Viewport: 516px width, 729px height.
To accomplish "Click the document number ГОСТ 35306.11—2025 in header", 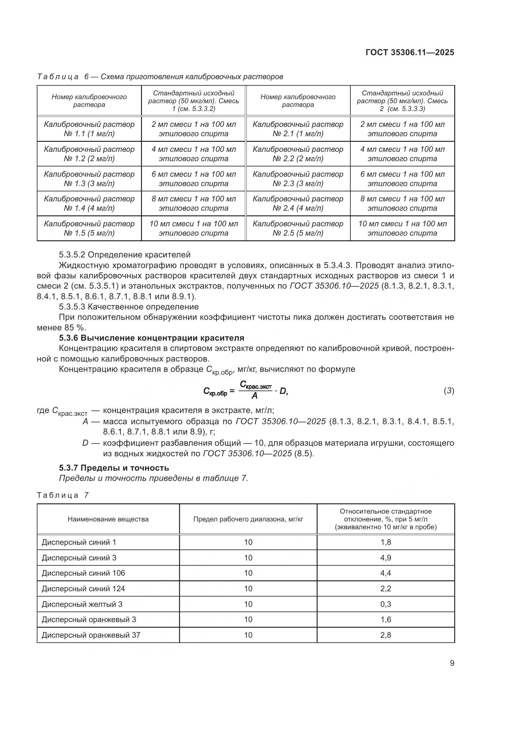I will [410, 52].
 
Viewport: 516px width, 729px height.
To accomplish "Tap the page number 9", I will [452, 663].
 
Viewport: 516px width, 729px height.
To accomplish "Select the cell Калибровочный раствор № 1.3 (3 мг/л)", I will [89, 179].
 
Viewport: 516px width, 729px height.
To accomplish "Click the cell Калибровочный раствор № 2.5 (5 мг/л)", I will [298, 228].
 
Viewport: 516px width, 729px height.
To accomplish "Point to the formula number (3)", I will [449, 391].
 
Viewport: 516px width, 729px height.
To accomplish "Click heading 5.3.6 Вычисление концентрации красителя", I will [152, 338].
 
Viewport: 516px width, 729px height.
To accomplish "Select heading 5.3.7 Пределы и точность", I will [114, 468].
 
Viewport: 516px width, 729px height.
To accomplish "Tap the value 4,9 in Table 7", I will [385, 558].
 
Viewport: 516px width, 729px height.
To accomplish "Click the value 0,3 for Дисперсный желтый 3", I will [385, 604].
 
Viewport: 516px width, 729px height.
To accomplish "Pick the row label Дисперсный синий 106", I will [83, 573].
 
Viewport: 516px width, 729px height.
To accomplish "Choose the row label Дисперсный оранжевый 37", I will [91, 635].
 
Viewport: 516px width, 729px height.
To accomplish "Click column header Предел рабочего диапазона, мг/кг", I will [248, 519].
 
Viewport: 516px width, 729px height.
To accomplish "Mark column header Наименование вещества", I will [108, 519].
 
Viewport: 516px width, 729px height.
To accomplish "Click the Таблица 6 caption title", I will [160, 77].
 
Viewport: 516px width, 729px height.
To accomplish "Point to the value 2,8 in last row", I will [385, 635].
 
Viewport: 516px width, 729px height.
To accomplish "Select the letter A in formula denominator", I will [255, 396].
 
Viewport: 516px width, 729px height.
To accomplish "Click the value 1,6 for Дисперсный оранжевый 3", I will [385, 620].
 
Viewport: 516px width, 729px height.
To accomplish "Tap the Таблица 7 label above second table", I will [63, 495].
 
